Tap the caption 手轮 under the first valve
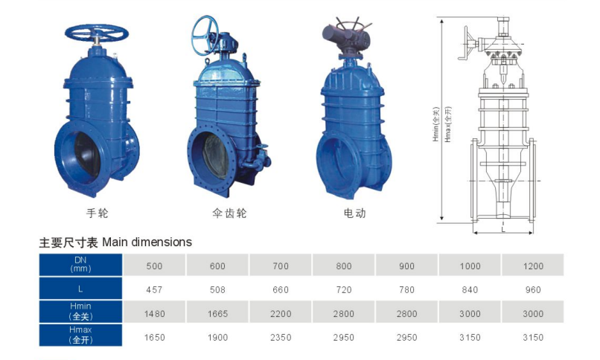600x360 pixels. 98,213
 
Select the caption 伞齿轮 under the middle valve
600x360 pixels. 229,213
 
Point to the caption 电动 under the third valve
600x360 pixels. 355,213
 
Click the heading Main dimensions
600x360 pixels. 147,242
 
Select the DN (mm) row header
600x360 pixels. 80,265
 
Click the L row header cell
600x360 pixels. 80,289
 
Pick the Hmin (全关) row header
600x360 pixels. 80,312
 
